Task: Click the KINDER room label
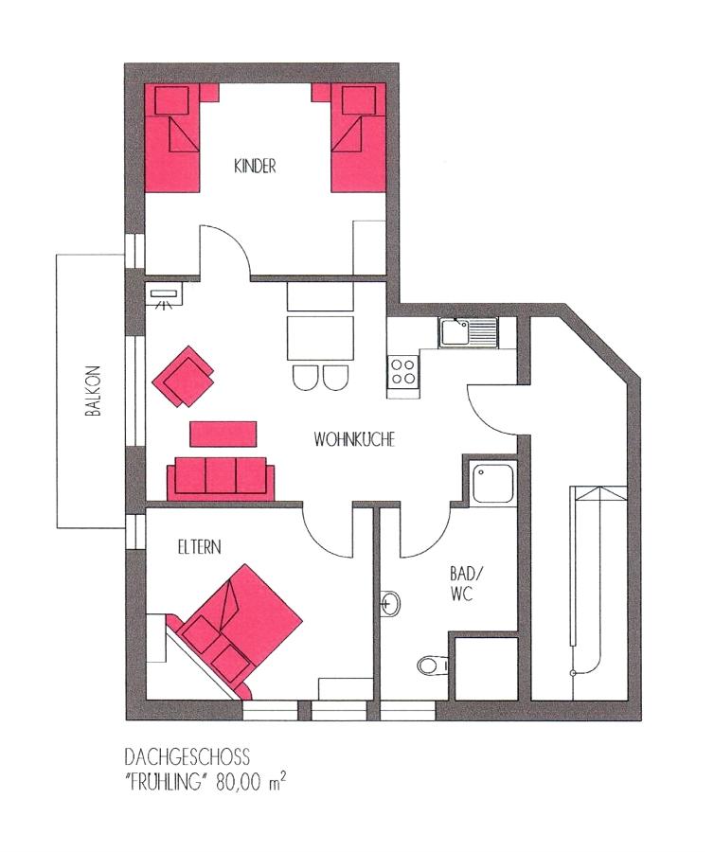coord(255,166)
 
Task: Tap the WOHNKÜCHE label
coord(354,439)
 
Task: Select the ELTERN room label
coord(200,546)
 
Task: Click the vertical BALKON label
coord(93,391)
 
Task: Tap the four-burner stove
coord(403,371)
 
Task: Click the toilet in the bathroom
coord(433,664)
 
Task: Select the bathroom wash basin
coord(391,603)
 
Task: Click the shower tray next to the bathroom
coord(492,483)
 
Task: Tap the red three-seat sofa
coord(221,478)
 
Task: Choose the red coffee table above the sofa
coord(223,435)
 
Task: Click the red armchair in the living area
coord(183,376)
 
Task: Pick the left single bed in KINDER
coord(172,138)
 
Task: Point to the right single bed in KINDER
coord(359,138)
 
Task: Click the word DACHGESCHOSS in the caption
coord(187,757)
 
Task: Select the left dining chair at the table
coord(305,377)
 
